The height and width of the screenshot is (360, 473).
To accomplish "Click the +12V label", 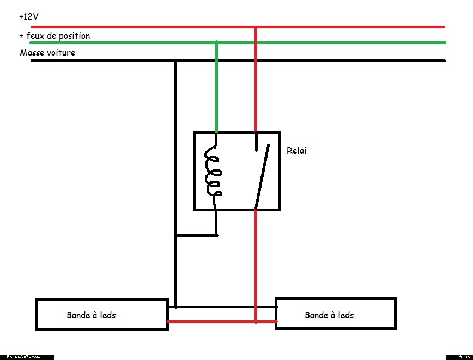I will pos(28,17).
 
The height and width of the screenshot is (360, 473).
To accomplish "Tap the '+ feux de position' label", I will pos(54,36).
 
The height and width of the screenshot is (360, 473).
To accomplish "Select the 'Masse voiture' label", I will pos(47,53).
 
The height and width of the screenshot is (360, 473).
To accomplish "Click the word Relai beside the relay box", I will pos(296,150).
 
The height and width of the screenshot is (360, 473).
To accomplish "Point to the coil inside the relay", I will pos(213,172).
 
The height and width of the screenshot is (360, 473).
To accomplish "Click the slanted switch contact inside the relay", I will pos(262,176).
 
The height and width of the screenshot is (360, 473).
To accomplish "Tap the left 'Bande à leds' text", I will pos(91,315).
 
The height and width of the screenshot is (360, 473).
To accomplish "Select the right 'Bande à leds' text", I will pos(329,315).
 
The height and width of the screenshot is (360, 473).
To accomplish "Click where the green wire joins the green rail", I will pos(217,42).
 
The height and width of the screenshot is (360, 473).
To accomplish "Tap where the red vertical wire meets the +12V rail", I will pos(256,26).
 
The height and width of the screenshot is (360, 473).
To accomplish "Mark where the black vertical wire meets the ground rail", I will pos(175,61).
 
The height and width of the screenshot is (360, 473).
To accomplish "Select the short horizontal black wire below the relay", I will pos(196,235).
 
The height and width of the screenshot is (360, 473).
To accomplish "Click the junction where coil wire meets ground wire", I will pos(175,235).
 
